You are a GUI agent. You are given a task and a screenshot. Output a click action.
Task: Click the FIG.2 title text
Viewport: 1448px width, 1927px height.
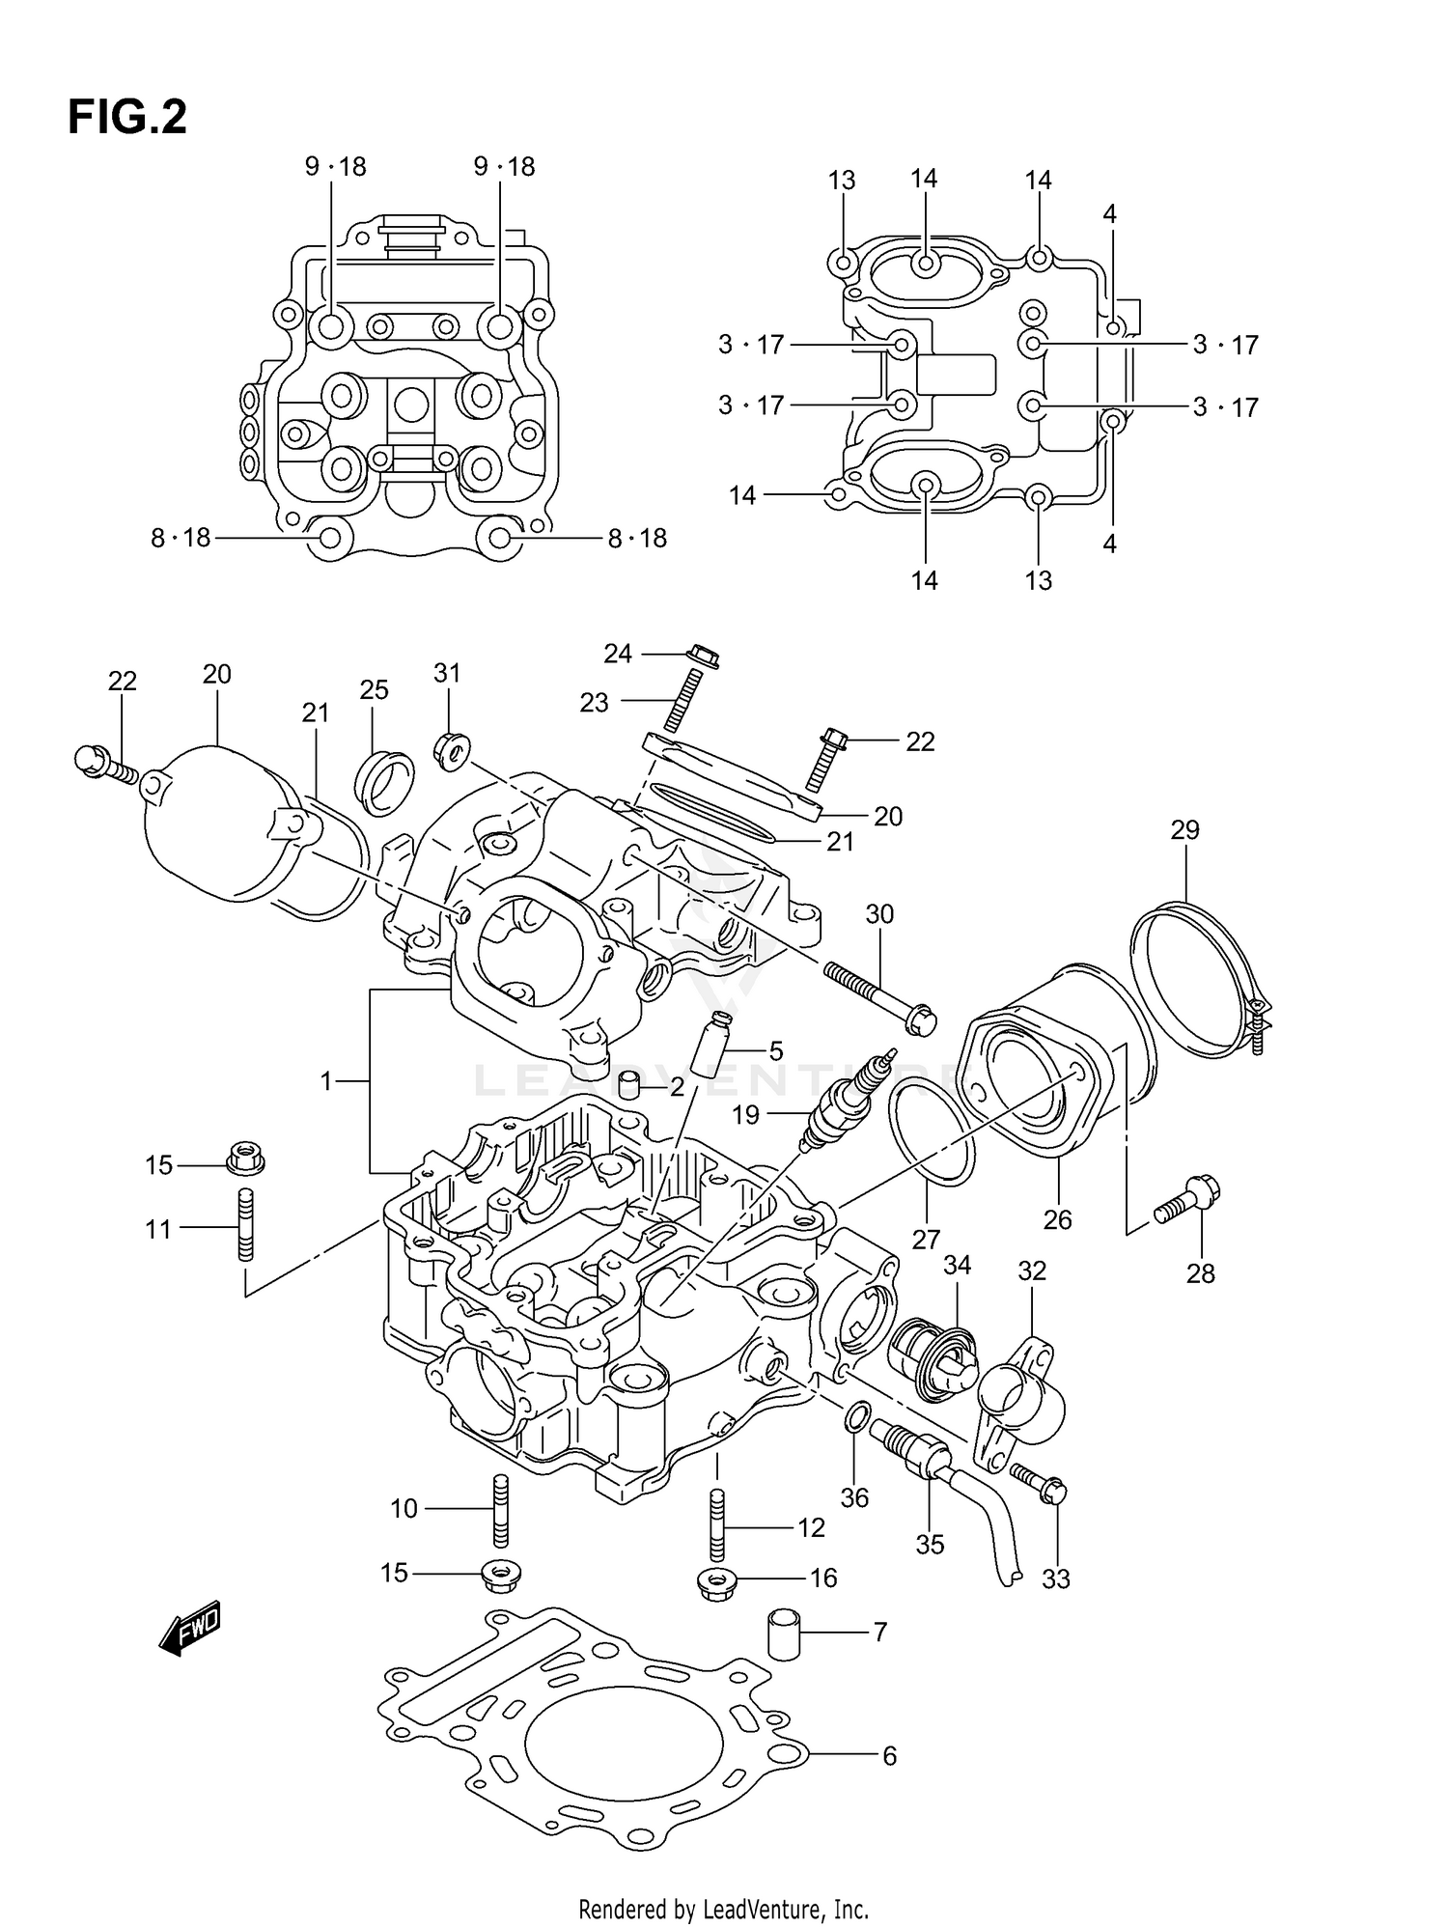click(126, 118)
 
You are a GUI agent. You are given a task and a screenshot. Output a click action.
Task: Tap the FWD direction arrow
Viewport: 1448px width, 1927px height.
click(191, 1632)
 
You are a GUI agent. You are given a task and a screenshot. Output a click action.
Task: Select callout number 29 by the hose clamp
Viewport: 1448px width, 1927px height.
click(1184, 829)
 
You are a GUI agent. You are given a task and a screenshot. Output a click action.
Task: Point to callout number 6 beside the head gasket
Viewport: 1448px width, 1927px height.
click(889, 1754)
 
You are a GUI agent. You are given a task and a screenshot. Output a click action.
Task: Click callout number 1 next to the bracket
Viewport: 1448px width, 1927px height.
click(326, 1081)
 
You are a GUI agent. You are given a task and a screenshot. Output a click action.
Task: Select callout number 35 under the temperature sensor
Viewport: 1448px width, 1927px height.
click(929, 1544)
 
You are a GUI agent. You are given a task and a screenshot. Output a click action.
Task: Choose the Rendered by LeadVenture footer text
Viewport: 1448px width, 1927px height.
click(723, 1909)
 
